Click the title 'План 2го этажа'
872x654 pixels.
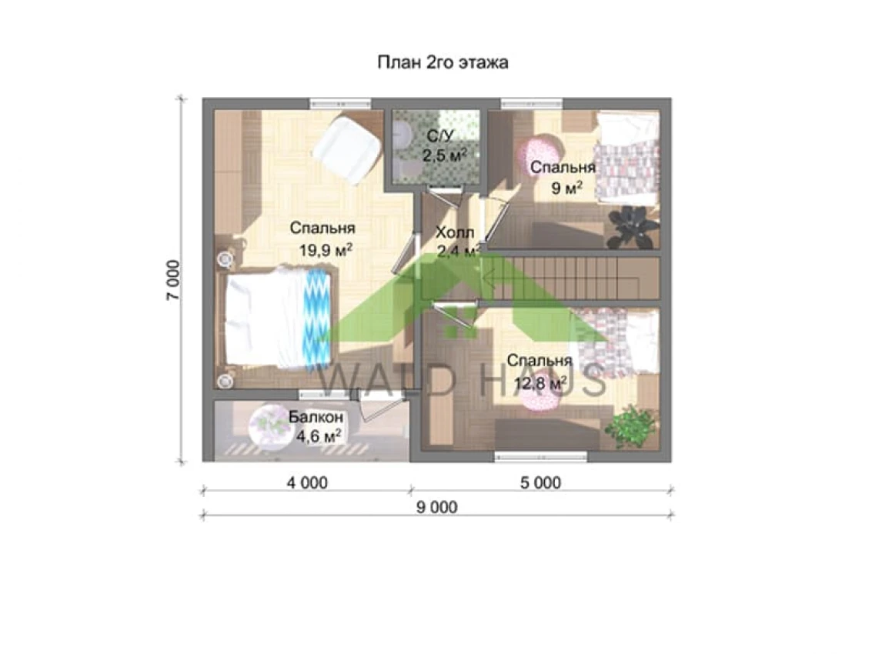(x=443, y=62)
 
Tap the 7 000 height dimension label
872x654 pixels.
(x=173, y=281)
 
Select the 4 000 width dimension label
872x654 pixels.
(x=307, y=482)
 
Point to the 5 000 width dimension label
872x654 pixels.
(x=540, y=482)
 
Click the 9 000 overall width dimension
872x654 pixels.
(x=436, y=507)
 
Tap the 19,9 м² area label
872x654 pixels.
(x=326, y=250)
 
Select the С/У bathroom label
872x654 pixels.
(x=441, y=135)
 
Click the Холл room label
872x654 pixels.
(x=455, y=232)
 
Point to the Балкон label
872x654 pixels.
(x=316, y=416)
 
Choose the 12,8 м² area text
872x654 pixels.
(x=540, y=383)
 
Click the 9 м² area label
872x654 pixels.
(x=566, y=188)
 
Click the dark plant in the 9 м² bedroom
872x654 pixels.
(x=633, y=226)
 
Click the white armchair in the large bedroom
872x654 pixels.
(x=346, y=149)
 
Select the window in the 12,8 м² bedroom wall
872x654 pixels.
(x=540, y=457)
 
